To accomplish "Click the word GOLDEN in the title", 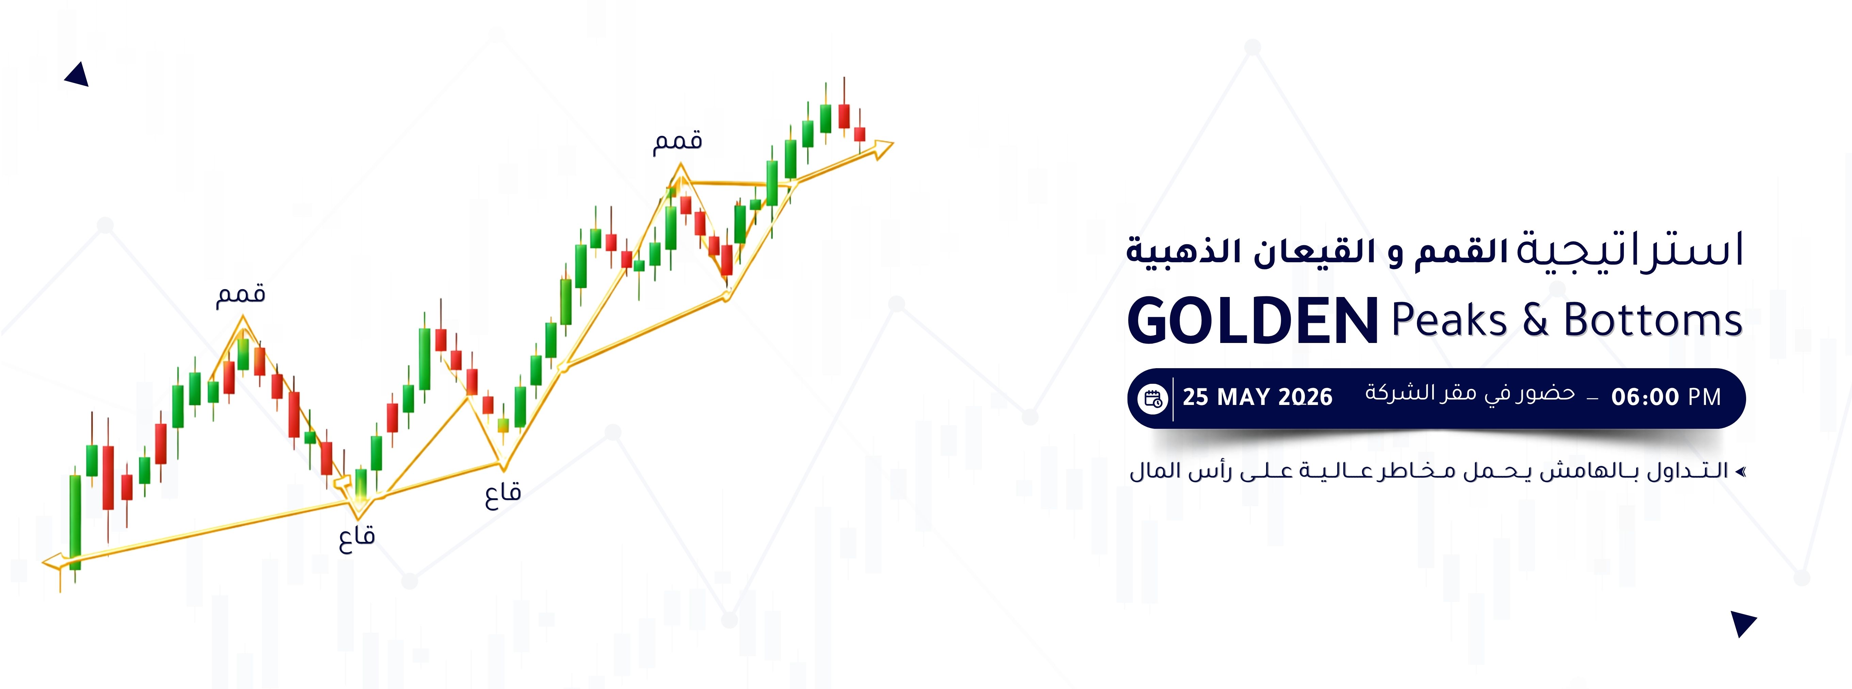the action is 1252,321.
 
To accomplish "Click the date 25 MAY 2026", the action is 1258,397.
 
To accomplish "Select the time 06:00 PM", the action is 1666,397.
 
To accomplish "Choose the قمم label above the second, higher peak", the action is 677,141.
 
